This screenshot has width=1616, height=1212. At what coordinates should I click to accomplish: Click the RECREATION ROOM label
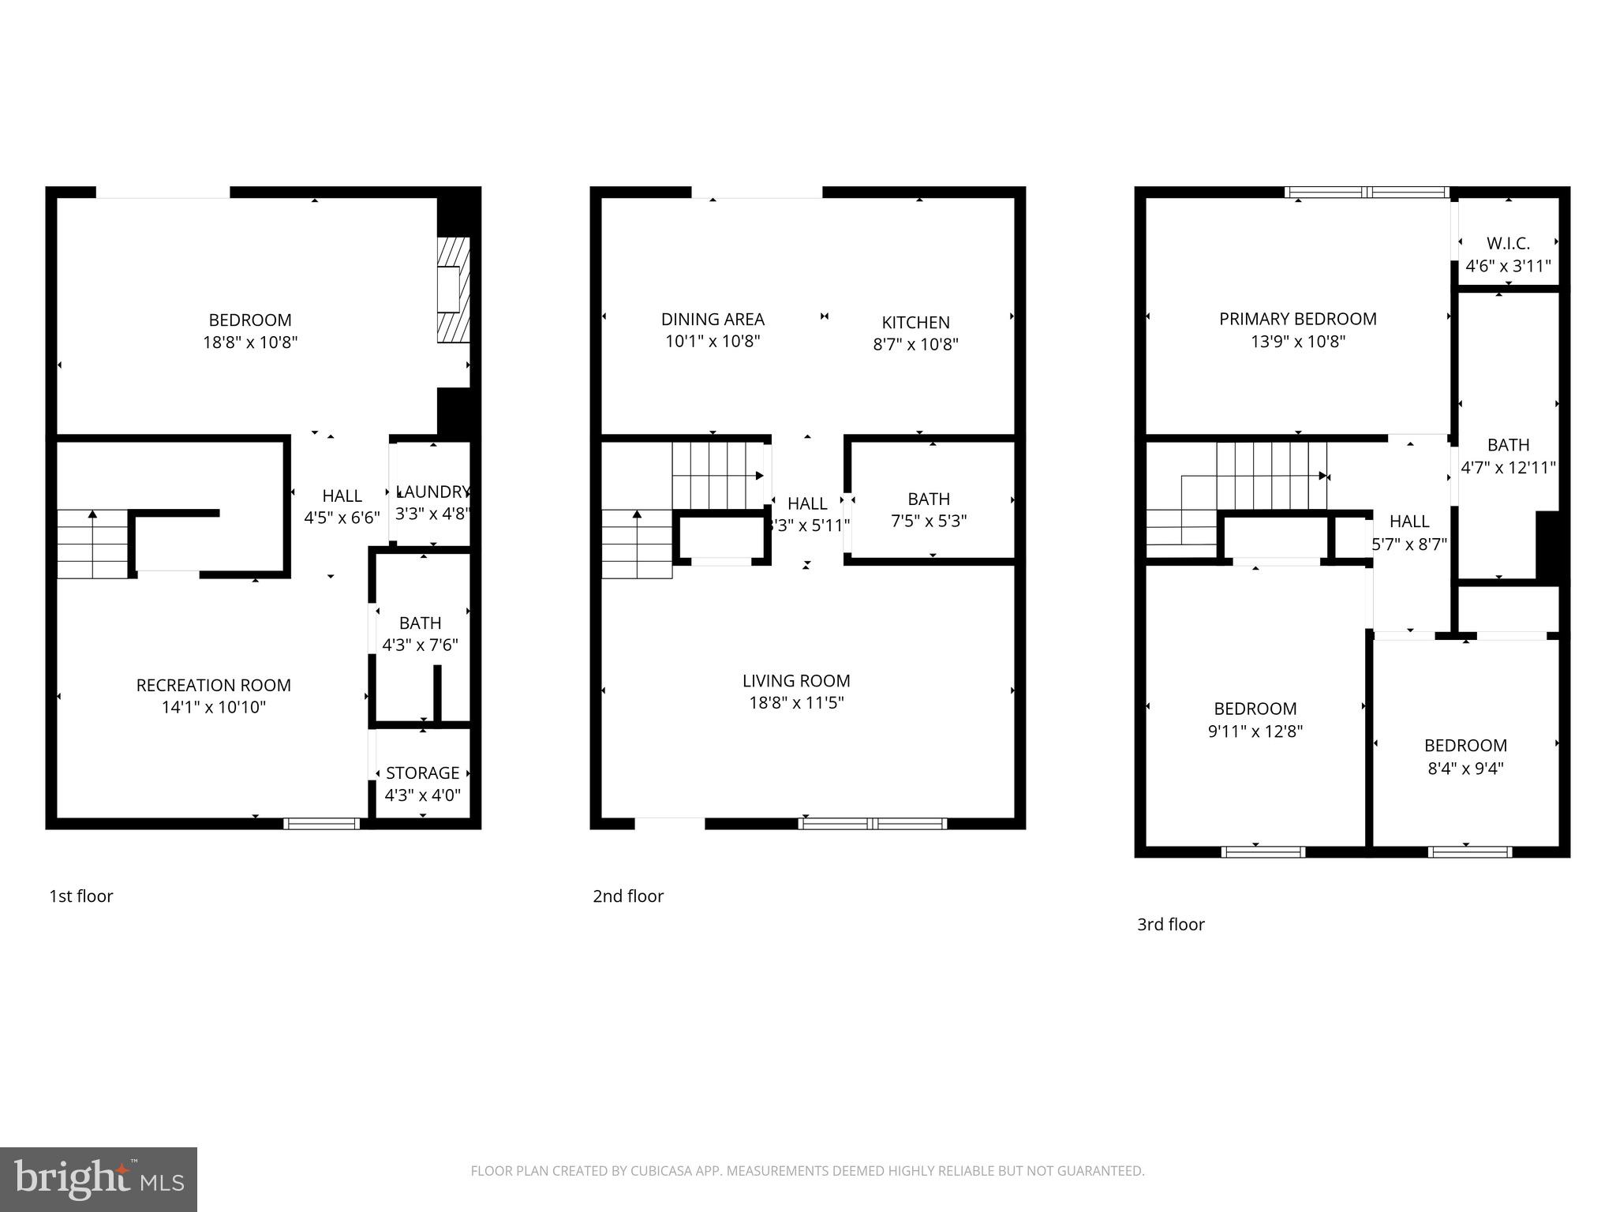(x=213, y=685)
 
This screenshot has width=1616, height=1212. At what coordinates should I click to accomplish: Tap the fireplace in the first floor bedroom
(x=454, y=290)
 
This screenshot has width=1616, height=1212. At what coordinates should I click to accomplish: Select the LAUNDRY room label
(x=432, y=492)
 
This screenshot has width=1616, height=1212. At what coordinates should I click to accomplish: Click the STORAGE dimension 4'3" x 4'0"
(x=422, y=795)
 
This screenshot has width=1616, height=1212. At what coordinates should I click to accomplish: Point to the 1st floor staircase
(x=92, y=544)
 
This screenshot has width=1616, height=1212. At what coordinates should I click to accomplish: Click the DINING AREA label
(x=713, y=319)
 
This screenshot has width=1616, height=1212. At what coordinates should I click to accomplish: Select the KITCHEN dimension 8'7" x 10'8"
(x=915, y=344)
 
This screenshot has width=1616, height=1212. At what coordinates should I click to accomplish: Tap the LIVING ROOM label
(x=796, y=680)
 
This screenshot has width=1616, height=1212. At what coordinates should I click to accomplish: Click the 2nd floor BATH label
(x=928, y=499)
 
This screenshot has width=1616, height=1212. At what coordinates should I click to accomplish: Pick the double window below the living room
(x=872, y=824)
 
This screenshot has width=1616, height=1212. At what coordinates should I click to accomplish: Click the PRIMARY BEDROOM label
(x=1297, y=319)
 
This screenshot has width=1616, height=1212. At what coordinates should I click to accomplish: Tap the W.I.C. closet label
(x=1508, y=244)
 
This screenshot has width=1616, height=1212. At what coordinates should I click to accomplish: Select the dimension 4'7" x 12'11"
(x=1508, y=467)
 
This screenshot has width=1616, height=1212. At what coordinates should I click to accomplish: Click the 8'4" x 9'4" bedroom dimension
(x=1465, y=768)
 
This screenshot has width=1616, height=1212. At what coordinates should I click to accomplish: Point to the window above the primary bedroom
(x=1367, y=192)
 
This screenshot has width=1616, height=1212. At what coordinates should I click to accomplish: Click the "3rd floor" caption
(x=1170, y=924)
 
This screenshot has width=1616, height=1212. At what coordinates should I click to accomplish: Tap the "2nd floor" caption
(x=628, y=896)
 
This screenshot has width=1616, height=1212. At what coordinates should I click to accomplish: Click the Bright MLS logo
(x=98, y=1180)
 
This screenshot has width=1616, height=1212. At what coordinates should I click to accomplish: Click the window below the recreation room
(x=321, y=824)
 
